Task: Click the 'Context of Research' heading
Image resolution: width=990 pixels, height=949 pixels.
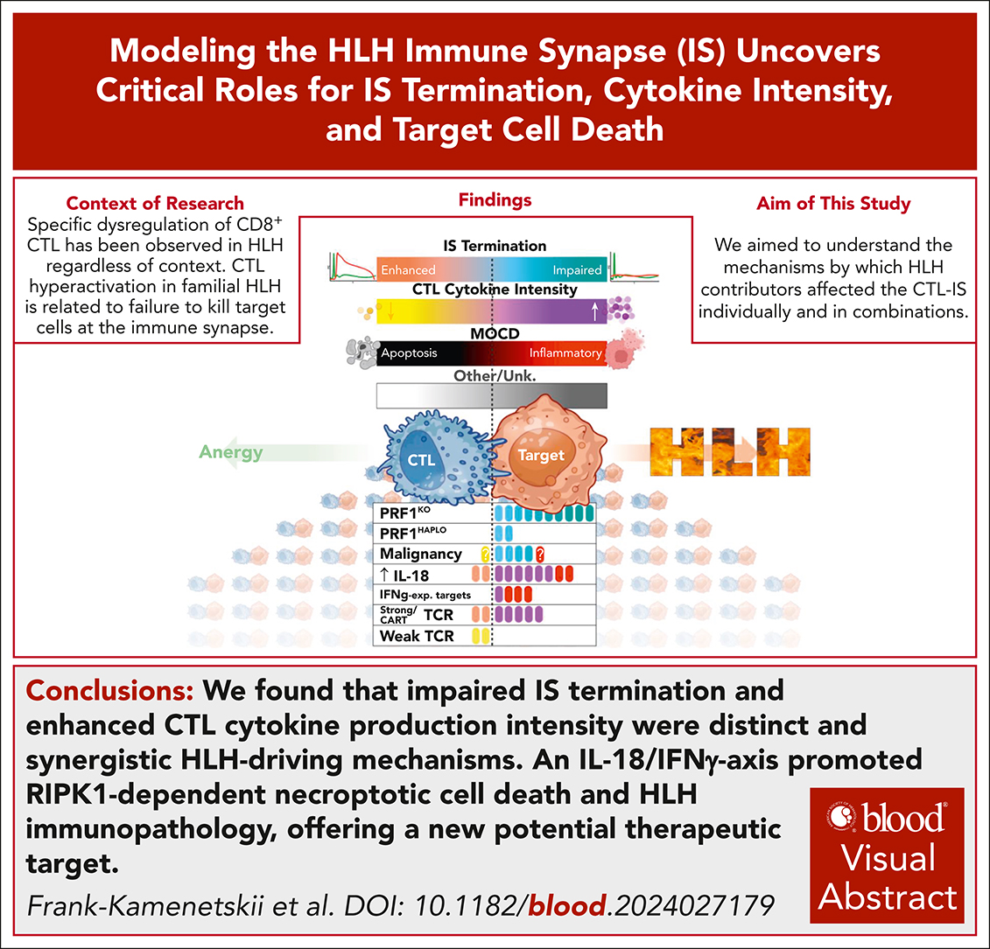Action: click(155, 203)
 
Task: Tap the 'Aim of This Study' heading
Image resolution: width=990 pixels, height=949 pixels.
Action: click(833, 203)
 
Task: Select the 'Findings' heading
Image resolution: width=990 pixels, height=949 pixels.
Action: click(495, 200)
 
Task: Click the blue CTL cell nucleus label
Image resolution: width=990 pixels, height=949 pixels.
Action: click(421, 460)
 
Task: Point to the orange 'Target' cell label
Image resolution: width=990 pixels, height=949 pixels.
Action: click(541, 455)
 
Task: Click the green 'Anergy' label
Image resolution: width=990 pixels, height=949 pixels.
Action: click(231, 452)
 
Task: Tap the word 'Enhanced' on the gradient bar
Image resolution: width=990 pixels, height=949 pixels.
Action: click(408, 270)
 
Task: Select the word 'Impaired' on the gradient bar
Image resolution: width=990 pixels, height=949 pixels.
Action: click(577, 270)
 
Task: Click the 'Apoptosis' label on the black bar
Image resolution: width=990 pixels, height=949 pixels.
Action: click(409, 352)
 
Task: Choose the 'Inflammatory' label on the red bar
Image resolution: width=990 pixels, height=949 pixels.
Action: click(565, 352)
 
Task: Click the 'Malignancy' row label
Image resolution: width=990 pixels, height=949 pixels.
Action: click(420, 554)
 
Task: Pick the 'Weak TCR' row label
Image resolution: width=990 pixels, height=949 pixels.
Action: click(417, 636)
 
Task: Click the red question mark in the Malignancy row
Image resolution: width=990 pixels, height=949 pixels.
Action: click(540, 555)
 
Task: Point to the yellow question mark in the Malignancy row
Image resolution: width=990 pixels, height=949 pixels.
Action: click(486, 555)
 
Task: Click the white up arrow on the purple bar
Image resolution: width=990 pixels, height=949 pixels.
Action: click(594, 311)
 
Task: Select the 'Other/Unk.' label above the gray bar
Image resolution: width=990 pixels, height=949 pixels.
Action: click(495, 375)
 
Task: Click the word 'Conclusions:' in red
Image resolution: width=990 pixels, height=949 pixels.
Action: click(109, 691)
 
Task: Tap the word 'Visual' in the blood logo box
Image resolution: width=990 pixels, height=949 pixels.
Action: click(887, 857)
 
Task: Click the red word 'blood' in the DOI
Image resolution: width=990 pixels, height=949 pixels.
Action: click(567, 906)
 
